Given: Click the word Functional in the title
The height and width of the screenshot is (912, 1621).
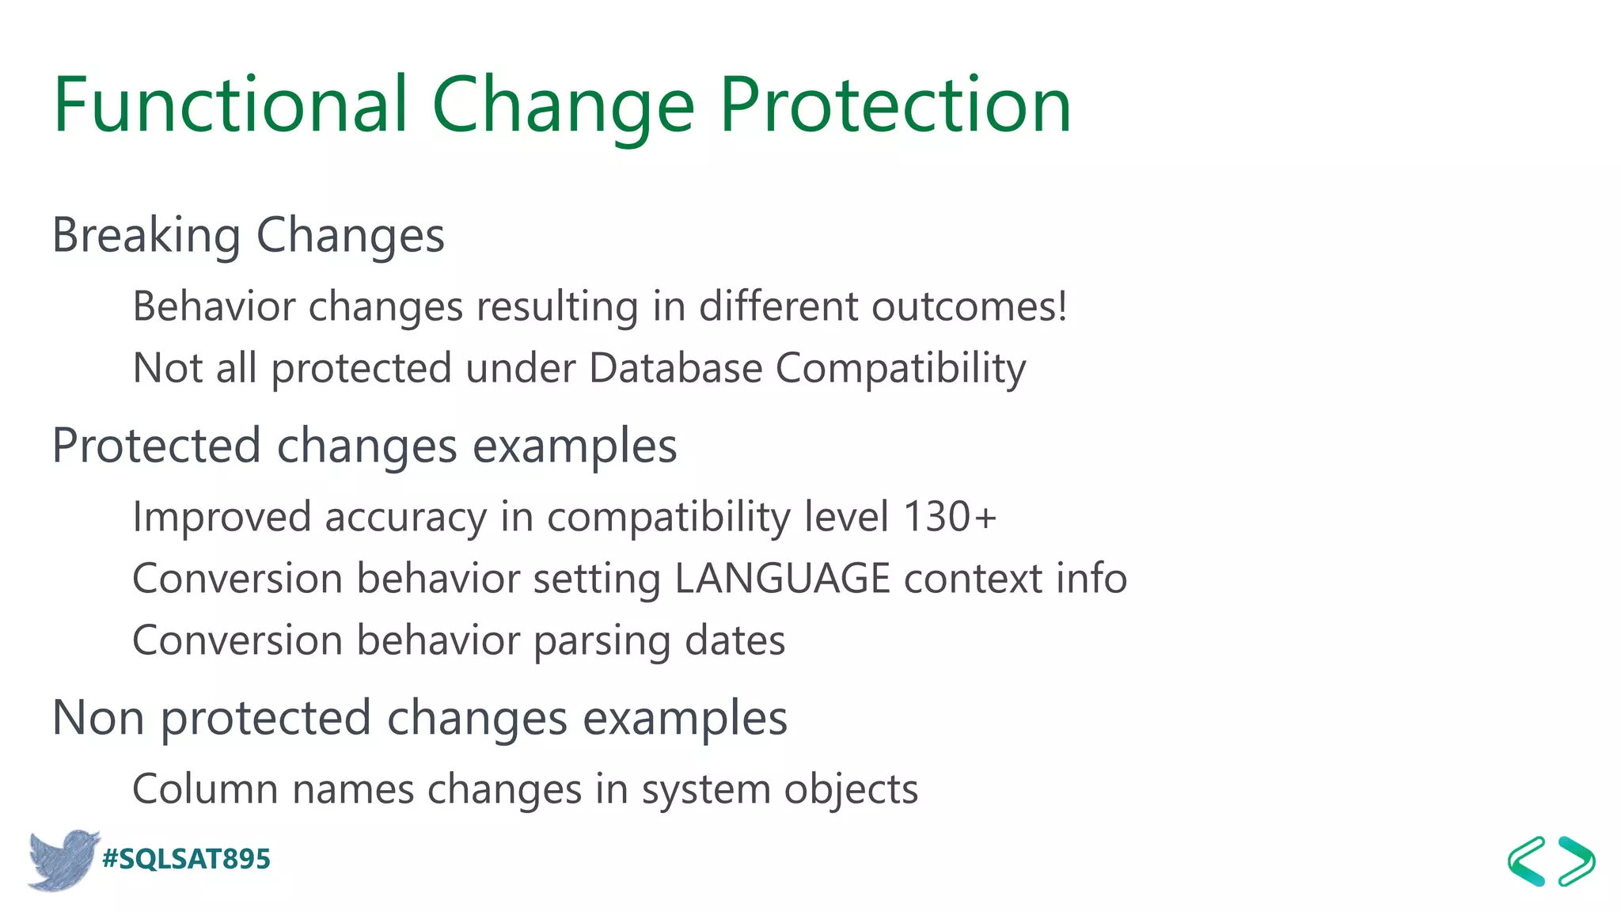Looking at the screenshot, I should click(x=230, y=104).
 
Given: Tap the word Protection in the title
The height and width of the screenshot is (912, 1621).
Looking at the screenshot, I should click(x=894, y=104).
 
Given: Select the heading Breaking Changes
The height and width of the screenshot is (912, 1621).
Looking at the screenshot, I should click(x=248, y=235).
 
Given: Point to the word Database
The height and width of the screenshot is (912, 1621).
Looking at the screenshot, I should click(x=675, y=368).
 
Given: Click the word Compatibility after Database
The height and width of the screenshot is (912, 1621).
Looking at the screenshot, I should click(x=900, y=368).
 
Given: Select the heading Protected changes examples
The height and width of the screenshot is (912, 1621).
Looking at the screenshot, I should click(x=364, y=446).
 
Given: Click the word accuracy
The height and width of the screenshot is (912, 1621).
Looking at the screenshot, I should click(x=405, y=517).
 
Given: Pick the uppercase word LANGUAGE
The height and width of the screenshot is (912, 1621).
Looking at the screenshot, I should click(x=782, y=579).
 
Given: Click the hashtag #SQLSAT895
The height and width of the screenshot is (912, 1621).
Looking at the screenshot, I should click(x=187, y=859).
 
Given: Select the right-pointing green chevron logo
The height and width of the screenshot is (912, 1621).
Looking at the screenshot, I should click(x=1577, y=861).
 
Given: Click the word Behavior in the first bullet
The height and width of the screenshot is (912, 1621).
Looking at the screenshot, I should click(x=213, y=306).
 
